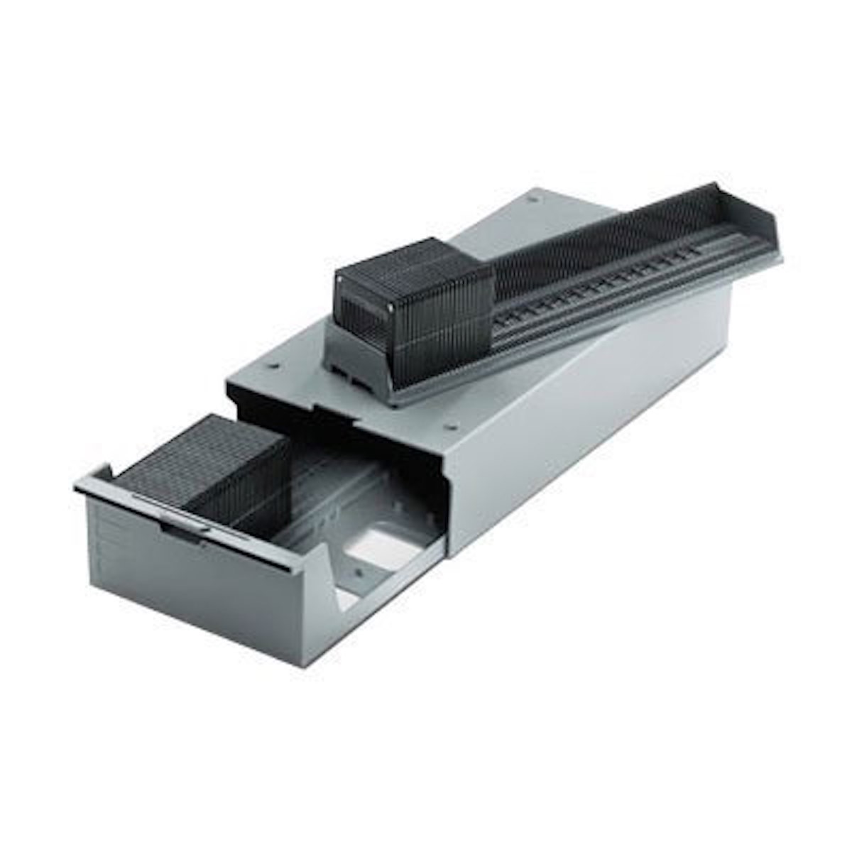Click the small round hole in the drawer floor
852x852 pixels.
(359, 572)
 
